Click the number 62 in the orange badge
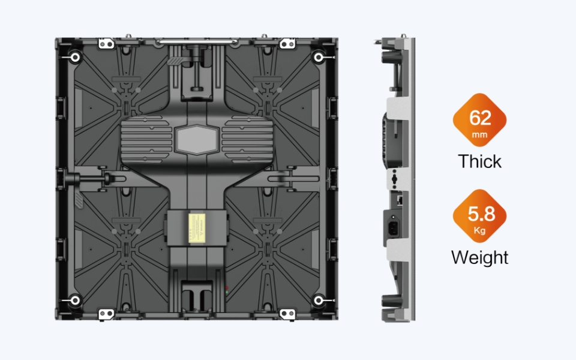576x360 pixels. coord(480,118)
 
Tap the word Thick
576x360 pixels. coord(479,161)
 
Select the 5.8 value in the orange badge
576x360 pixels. coord(481,214)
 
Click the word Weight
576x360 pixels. coord(480,257)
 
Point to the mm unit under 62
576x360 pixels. coord(479,135)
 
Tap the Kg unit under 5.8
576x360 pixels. coord(480,230)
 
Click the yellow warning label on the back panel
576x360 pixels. coord(197,228)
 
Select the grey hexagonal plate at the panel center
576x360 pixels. coord(197,140)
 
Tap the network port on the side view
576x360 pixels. coord(400,200)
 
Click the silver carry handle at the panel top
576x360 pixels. coord(197,42)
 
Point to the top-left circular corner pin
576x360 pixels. coord(76,58)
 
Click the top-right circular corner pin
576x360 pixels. coord(318,58)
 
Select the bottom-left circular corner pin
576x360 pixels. coord(76,301)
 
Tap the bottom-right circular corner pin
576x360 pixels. coord(318,301)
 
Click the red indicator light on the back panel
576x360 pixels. coord(227,287)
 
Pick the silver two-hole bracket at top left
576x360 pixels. coord(106,44)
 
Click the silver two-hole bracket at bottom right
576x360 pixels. coord(287,314)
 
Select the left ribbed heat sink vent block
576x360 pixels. coord(146,139)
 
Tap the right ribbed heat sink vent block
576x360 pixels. coord(247,139)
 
